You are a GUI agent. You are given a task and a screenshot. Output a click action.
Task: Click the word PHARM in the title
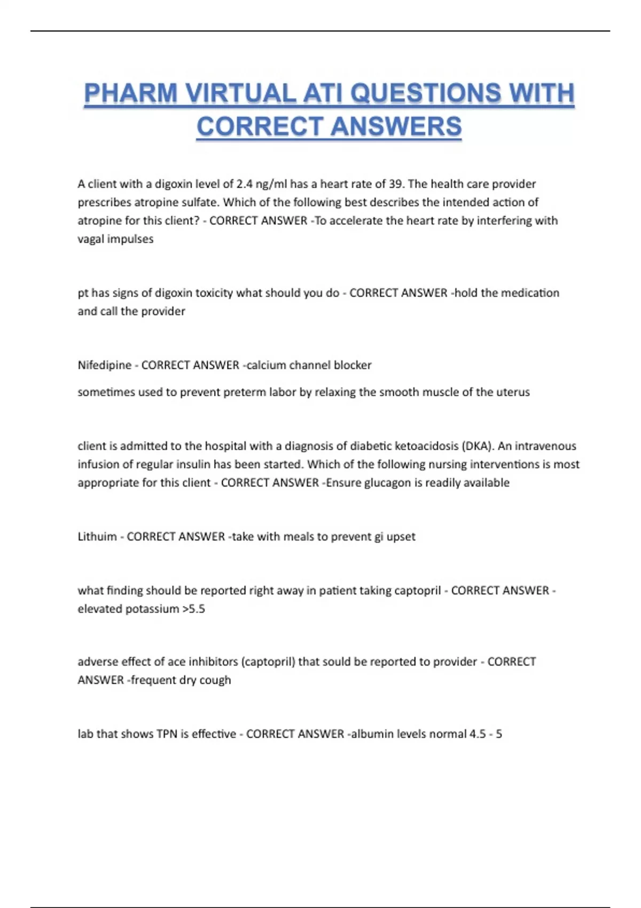pos(131,93)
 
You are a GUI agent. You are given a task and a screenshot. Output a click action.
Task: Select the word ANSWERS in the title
pos(396,127)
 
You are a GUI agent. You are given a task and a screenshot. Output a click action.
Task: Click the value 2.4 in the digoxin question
pos(244,184)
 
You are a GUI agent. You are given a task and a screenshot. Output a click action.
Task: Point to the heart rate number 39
pos(395,184)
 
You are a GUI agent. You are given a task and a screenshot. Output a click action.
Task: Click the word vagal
pos(91,239)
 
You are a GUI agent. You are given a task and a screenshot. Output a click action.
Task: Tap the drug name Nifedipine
pos(104,365)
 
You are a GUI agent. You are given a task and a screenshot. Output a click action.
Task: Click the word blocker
pos(353,365)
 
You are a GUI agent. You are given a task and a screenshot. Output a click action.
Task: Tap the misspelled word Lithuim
pos(97,537)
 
